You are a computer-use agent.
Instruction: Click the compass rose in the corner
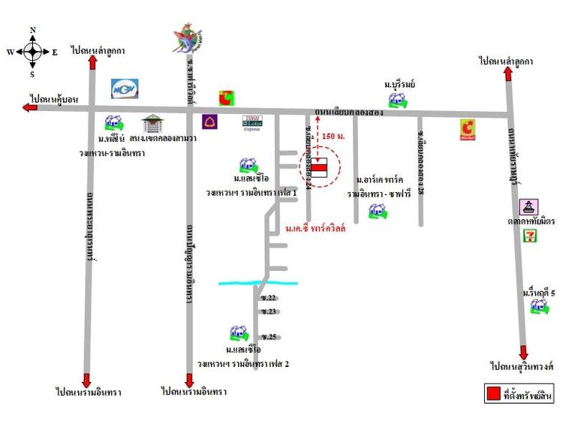(32, 52)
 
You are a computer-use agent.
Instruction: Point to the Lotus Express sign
(252, 122)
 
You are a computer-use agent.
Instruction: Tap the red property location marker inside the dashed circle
(320, 170)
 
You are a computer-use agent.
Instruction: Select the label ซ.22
(269, 298)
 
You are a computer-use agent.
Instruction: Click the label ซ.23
(269, 311)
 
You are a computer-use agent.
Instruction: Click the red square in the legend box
(493, 392)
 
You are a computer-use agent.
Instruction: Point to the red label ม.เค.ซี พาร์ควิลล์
(315, 228)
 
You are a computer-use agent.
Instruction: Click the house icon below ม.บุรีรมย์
(396, 101)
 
